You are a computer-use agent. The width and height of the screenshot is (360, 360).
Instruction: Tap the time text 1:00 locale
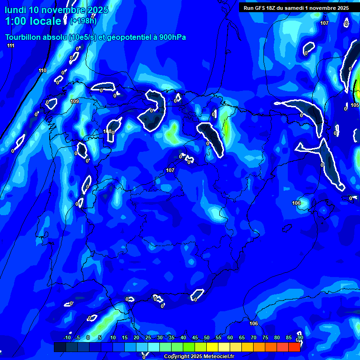[33, 21]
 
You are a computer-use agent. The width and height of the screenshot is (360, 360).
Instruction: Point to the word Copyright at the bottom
[179, 357]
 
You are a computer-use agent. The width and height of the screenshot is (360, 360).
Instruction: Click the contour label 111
[11, 45]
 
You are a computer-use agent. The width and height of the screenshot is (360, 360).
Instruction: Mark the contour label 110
[43, 71]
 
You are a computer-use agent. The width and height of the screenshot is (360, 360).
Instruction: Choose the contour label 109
[75, 101]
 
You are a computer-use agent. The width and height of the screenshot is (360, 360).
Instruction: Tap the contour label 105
[355, 105]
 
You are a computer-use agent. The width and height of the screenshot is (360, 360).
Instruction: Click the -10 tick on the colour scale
[67, 337]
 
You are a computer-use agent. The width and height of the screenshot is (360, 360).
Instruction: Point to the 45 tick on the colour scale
[195, 337]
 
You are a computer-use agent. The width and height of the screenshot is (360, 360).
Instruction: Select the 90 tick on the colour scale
[300, 337]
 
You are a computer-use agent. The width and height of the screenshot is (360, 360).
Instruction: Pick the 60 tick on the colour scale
[230, 337]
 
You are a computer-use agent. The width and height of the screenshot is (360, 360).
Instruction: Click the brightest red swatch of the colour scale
[294, 347]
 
